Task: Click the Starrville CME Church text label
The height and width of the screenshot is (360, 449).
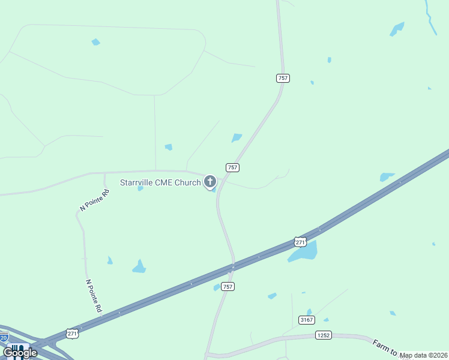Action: (x=160, y=182)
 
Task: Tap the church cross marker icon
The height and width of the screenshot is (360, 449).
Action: (x=210, y=181)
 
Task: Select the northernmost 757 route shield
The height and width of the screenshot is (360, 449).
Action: (x=283, y=78)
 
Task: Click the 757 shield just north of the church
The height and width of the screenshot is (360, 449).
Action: (x=233, y=167)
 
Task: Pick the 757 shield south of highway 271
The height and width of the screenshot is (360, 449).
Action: (x=228, y=287)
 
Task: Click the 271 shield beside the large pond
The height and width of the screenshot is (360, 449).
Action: (x=301, y=242)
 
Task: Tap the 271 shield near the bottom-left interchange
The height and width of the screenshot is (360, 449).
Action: (x=72, y=334)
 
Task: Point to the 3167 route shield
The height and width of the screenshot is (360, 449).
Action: (x=306, y=320)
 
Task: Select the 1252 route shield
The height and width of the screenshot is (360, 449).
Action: (x=323, y=335)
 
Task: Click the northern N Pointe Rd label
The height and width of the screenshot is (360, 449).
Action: (x=95, y=200)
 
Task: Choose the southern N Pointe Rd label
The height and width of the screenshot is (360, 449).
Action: (x=93, y=295)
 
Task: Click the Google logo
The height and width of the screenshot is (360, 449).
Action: (x=20, y=353)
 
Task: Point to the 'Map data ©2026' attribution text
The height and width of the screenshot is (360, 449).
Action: (x=424, y=355)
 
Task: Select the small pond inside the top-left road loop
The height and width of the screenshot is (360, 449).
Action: (x=95, y=42)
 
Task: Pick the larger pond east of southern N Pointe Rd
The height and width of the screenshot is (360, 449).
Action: (x=139, y=267)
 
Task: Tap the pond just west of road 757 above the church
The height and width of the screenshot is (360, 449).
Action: (x=237, y=138)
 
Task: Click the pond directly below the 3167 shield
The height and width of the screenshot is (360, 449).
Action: (x=309, y=312)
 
